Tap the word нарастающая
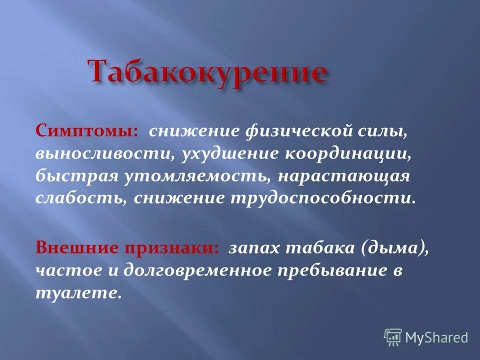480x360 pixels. pyautogui.click(x=344, y=176)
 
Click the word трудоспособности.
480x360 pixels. pyautogui.click(x=322, y=198)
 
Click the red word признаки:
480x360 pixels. pyautogui.click(x=171, y=248)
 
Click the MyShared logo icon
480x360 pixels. pyautogui.click(x=393, y=337)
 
